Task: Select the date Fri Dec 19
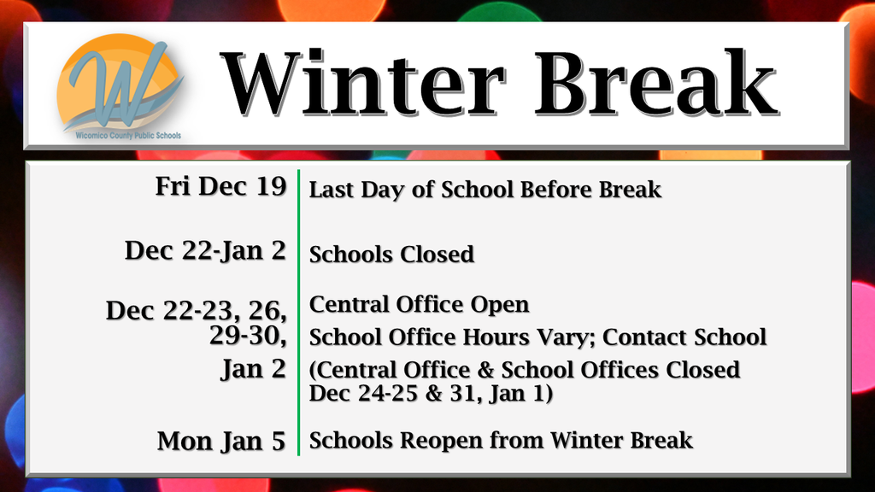[x=220, y=186]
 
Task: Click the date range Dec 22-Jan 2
[x=205, y=251]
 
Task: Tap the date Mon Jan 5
[x=221, y=442]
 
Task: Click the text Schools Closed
[x=391, y=255]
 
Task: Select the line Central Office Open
[x=419, y=305]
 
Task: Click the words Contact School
[x=684, y=337]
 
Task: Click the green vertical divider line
[x=298, y=312]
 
